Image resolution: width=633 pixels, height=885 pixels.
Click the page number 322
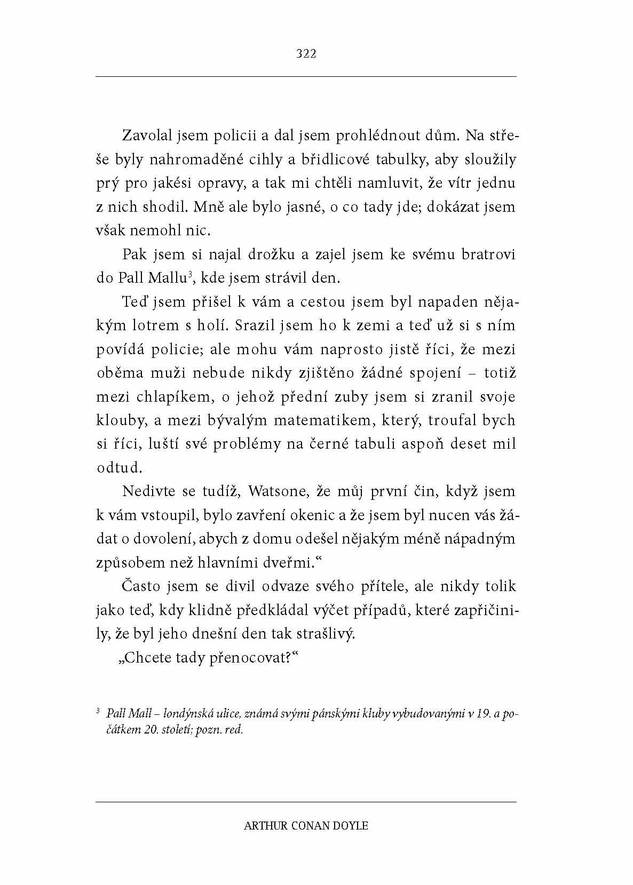pyautogui.click(x=306, y=53)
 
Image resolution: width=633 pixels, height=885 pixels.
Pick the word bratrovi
pyautogui.click(x=490, y=254)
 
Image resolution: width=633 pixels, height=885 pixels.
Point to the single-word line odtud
pyautogui.click(x=119, y=467)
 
